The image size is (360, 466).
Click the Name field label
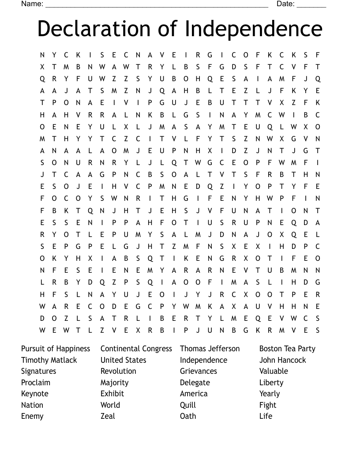coord(32,4)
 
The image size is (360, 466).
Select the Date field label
coord(285,4)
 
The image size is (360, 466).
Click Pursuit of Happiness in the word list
coord(56,349)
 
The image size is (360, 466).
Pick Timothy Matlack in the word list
coord(49,360)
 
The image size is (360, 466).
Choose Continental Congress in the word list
coord(136,349)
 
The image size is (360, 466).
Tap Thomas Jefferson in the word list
coord(210,349)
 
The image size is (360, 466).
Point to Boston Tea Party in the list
coord(287,349)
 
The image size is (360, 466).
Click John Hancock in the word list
coord(282,360)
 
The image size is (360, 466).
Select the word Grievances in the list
coord(199,371)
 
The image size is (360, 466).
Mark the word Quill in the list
coord(188,405)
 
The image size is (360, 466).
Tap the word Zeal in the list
coord(108,416)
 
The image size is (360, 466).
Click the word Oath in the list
coord(188,416)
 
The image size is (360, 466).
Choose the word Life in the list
coord(266,416)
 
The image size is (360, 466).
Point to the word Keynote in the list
coord(35,394)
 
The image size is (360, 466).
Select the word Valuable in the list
coord(274,371)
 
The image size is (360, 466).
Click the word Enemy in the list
coord(32,416)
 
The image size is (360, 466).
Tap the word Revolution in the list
coord(118,371)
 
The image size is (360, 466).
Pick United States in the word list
coord(123,360)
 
